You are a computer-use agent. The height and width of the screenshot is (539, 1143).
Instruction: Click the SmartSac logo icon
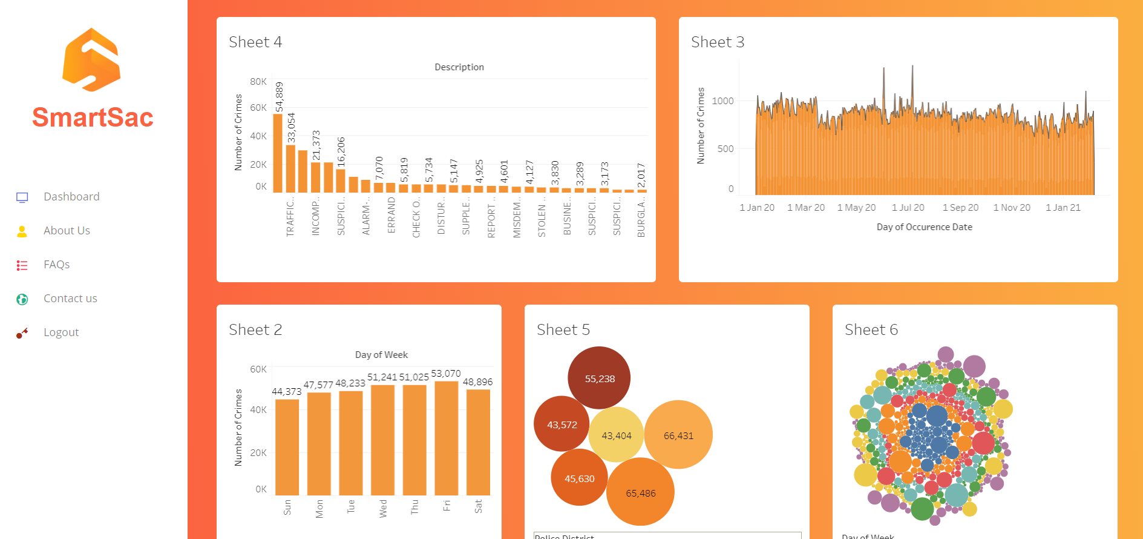coord(91,60)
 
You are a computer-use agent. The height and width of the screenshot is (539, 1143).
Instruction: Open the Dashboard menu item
coord(71,197)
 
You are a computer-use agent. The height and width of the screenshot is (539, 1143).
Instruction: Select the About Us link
coord(67,231)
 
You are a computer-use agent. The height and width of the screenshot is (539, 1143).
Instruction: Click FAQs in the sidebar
coord(56,265)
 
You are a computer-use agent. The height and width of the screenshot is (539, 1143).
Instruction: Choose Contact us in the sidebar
coord(70,299)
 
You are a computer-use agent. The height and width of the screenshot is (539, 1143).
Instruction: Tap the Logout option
coord(61,332)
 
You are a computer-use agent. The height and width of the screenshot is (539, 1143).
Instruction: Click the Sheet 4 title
coord(255,42)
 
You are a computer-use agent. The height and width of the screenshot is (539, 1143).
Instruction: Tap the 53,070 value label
coord(446,374)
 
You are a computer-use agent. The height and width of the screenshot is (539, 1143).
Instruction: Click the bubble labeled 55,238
coord(599,379)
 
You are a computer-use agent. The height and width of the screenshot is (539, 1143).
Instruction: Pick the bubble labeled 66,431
coord(678,435)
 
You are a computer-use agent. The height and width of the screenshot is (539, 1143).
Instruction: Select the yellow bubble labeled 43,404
coord(616,435)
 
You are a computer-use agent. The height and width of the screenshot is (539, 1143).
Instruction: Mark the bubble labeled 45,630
coord(579,478)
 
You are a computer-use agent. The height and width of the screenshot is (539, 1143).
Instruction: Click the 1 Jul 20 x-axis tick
coord(908,208)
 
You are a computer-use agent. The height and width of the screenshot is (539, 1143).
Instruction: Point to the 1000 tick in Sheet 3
coord(722,101)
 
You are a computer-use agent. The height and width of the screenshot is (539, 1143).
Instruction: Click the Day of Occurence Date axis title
coord(924,227)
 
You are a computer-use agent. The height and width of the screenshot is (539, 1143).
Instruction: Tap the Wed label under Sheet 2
coord(382,508)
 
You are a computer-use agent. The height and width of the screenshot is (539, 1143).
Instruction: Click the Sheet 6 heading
coord(871,330)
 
